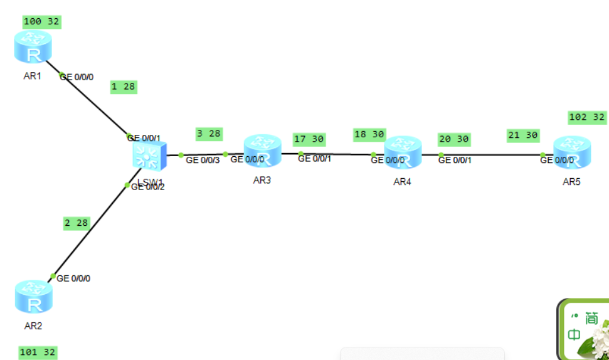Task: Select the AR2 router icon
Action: [x=33, y=297]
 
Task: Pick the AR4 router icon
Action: [x=403, y=153]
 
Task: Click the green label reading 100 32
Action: [x=41, y=22]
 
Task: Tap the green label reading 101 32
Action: [x=38, y=352]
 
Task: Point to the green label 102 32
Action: [x=587, y=117]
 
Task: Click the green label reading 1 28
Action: [x=123, y=87]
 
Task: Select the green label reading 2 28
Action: [x=77, y=223]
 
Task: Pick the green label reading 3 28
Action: [x=209, y=134]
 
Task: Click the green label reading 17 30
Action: [x=309, y=139]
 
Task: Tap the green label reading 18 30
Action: [x=369, y=135]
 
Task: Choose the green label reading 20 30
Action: [x=454, y=139]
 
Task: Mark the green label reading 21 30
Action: [x=523, y=135]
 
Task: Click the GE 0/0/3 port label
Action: [x=203, y=160]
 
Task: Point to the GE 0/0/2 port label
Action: [x=148, y=187]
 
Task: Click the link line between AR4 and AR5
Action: [x=489, y=154]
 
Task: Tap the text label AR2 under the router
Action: [x=33, y=326]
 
